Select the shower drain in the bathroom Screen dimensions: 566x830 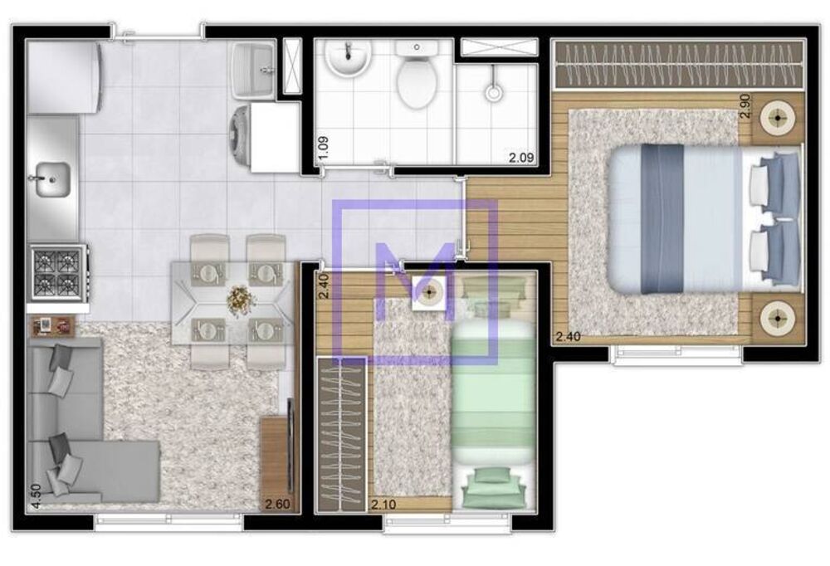[494, 92]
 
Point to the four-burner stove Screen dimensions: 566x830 [57, 272]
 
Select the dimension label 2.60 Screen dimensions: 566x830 [276, 502]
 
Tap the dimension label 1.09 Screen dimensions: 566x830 [324, 148]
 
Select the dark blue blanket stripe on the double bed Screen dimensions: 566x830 [662, 218]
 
